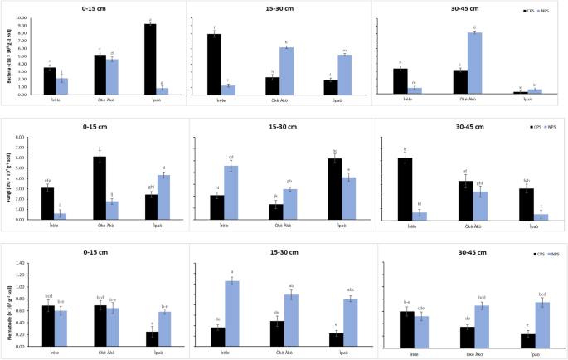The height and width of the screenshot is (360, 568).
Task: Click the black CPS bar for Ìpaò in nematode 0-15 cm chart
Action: tap(151, 338)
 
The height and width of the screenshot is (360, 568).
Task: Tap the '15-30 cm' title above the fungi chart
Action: tap(279, 126)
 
